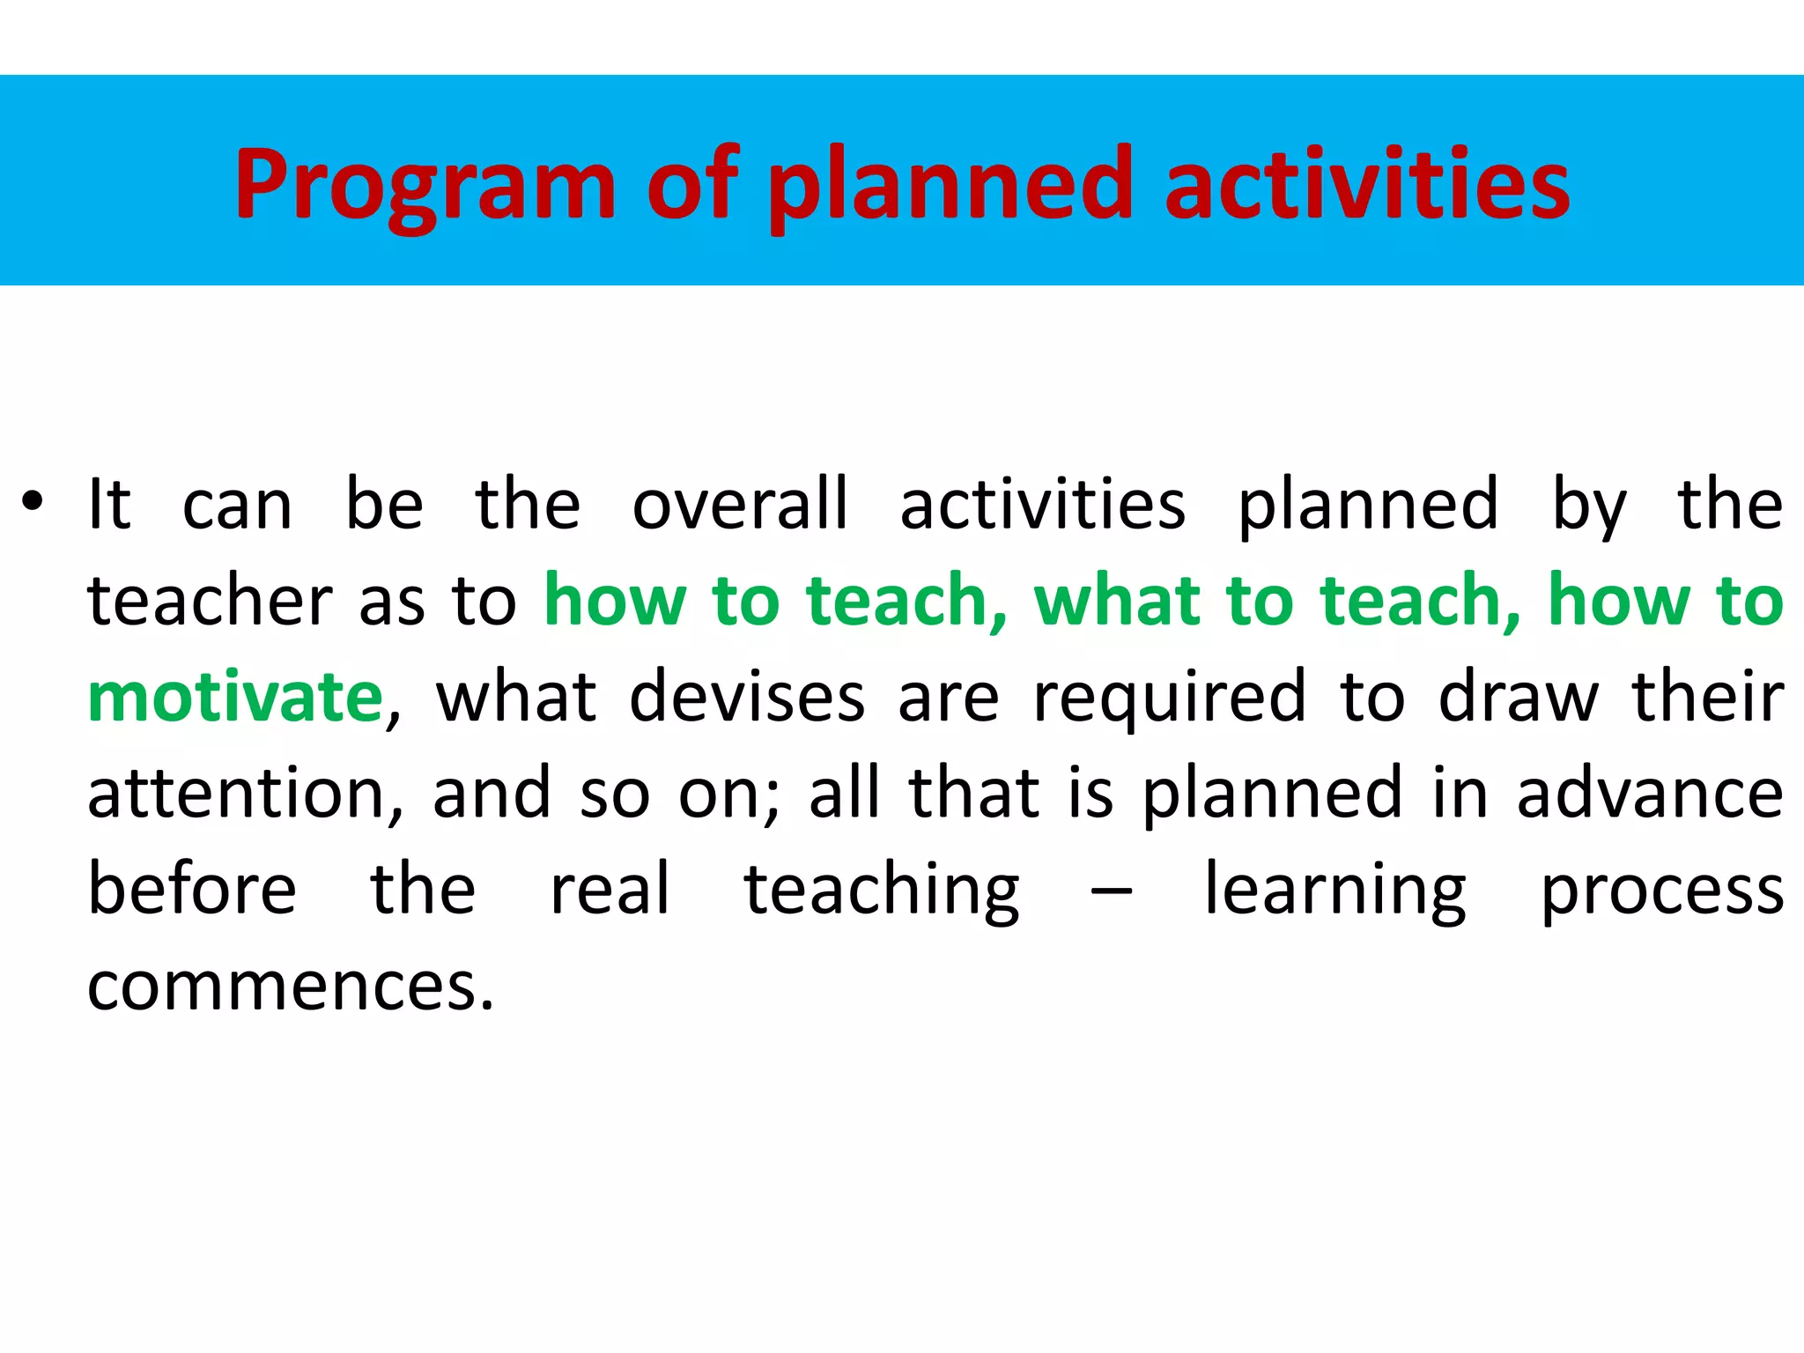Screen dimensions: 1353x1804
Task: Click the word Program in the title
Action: click(425, 185)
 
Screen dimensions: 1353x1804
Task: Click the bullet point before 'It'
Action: click(33, 503)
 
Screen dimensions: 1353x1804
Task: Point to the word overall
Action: click(740, 505)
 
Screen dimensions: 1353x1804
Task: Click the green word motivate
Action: click(235, 697)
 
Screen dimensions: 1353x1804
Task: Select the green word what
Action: click(1117, 601)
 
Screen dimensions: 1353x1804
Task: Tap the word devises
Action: click(747, 697)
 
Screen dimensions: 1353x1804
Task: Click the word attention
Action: click(236, 794)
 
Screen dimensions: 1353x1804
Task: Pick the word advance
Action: click(1650, 794)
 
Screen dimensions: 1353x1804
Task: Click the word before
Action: click(192, 889)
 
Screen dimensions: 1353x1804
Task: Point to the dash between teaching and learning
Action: click(1112, 891)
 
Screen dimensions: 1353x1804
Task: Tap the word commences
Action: click(291, 987)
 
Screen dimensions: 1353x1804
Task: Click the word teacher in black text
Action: click(210, 601)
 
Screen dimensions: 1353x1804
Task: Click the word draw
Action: click(1518, 697)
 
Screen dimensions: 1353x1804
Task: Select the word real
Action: click(610, 889)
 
